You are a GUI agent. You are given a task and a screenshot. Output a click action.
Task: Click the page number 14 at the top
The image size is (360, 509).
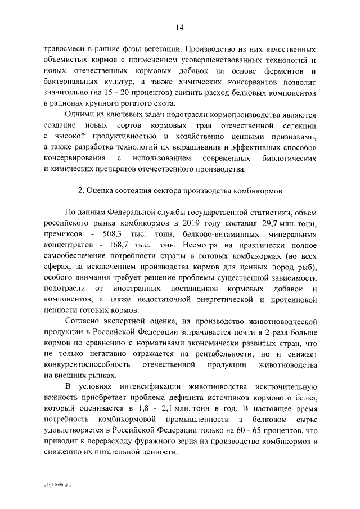(x=179, y=27)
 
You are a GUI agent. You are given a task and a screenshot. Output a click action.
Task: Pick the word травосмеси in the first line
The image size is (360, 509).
(x=66, y=48)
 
